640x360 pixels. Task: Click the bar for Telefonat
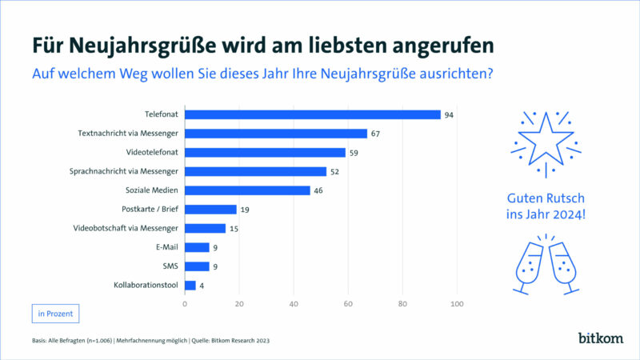313,114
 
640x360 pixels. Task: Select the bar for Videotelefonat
265,152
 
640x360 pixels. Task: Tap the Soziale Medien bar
247,190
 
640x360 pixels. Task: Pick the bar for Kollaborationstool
190,286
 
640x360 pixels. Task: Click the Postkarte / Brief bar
210,210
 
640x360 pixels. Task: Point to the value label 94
449,114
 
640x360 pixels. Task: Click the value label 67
375,134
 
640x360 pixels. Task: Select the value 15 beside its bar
234,229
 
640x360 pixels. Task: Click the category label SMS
170,266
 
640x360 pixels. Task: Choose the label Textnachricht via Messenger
129,134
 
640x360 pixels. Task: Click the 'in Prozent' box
56,313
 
